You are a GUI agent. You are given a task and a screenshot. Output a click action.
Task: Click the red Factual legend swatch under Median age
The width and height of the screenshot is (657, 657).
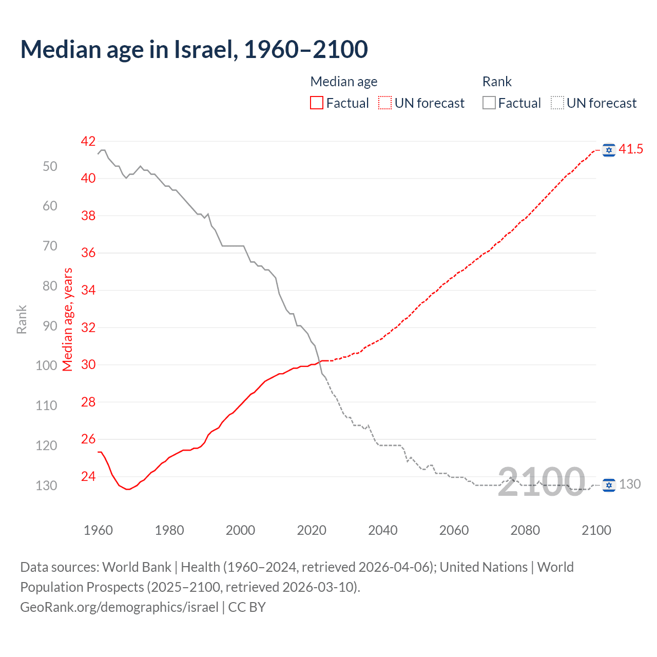pyautogui.click(x=317, y=103)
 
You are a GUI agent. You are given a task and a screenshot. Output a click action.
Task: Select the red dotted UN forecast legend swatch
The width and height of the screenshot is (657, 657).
pyautogui.click(x=385, y=103)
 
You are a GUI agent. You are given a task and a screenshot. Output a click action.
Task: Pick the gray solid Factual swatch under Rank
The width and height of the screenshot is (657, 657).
pyautogui.click(x=489, y=103)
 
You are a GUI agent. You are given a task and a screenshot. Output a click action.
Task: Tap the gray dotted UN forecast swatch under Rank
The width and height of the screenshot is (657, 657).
pyautogui.click(x=557, y=103)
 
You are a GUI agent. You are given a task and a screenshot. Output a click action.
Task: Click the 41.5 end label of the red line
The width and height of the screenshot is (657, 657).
pyautogui.click(x=631, y=149)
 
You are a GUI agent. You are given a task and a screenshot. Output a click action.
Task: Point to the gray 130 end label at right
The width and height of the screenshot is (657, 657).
pyautogui.click(x=630, y=485)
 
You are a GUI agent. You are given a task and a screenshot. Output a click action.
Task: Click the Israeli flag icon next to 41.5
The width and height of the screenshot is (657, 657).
pyautogui.click(x=609, y=150)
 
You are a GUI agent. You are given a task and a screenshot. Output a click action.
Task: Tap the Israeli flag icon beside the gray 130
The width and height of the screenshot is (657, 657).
pyautogui.click(x=609, y=485)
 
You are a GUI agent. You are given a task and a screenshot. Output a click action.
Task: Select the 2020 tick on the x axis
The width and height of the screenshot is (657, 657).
pyautogui.click(x=312, y=530)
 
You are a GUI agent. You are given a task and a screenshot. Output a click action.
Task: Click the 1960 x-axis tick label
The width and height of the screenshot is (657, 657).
pyautogui.click(x=98, y=530)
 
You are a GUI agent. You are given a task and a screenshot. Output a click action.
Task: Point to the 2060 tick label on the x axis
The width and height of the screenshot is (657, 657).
pyautogui.click(x=454, y=530)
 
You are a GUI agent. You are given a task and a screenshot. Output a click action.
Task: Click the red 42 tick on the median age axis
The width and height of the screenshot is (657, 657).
pyautogui.click(x=88, y=141)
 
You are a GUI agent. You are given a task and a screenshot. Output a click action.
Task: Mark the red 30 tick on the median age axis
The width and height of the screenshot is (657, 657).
pyautogui.click(x=88, y=365)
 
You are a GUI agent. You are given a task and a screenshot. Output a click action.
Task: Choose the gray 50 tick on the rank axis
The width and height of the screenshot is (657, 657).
pyautogui.click(x=50, y=166)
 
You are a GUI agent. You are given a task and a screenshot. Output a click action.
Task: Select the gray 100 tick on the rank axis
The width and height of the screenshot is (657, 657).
pyautogui.click(x=46, y=365)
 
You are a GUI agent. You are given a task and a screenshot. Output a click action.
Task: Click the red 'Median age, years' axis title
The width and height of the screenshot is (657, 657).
pyautogui.click(x=68, y=319)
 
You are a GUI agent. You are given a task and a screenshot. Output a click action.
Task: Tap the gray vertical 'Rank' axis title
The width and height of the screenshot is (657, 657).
pyautogui.click(x=22, y=319)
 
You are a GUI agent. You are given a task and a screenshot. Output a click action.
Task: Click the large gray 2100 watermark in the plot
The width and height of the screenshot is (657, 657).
pyautogui.click(x=542, y=482)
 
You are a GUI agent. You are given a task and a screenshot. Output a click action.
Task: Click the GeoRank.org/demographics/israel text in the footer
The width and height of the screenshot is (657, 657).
pyautogui.click(x=119, y=607)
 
